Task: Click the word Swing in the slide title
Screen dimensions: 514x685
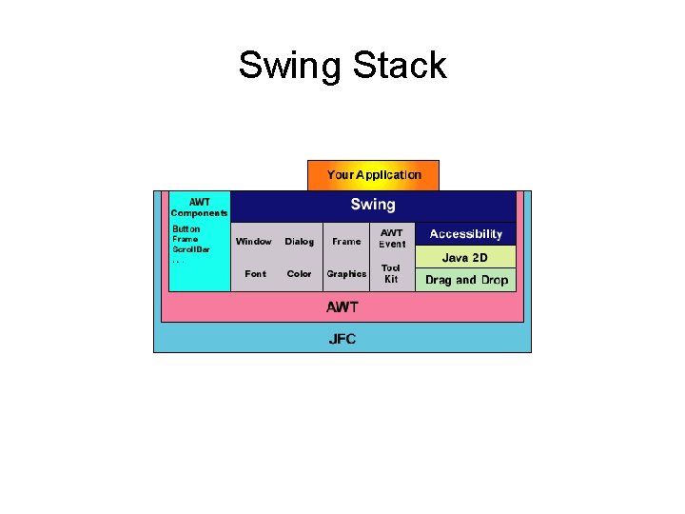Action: [x=290, y=67]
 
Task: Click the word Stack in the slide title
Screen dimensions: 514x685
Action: [x=399, y=66]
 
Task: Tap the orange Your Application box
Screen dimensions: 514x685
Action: [x=373, y=175]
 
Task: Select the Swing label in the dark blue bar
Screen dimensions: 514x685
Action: [x=373, y=205]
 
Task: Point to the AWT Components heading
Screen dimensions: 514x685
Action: [x=200, y=208]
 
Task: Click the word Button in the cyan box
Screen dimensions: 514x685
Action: [x=186, y=229]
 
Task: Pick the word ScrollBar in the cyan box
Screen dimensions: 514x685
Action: [x=191, y=249]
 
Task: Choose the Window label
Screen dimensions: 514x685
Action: [x=254, y=242]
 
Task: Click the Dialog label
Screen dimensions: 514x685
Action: [x=300, y=242]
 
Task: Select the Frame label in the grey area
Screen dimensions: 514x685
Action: [x=346, y=242]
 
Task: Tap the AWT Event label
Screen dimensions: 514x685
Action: [x=392, y=238]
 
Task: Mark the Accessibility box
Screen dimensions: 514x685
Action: [x=466, y=234]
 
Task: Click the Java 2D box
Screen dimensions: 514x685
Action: [x=466, y=258]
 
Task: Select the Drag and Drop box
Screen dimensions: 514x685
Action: [x=466, y=280]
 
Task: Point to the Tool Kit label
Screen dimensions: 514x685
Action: [x=391, y=274]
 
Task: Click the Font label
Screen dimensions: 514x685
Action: [x=256, y=274]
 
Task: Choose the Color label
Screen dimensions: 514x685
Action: [x=300, y=274]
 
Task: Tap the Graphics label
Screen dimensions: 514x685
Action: [x=346, y=274]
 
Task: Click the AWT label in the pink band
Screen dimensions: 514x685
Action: [x=342, y=307]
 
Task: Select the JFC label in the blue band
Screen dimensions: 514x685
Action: [x=342, y=339]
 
